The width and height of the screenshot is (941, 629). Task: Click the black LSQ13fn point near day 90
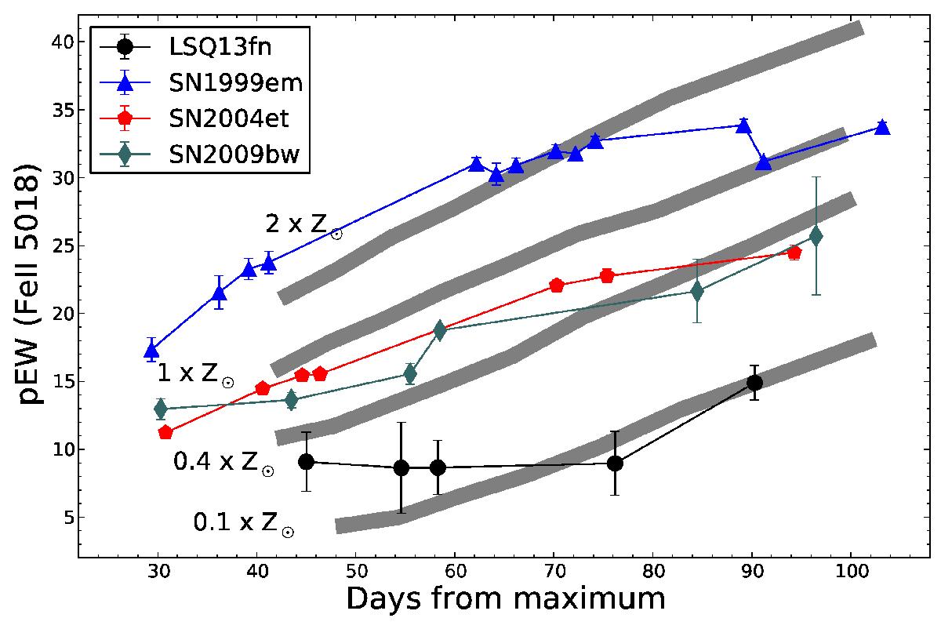pyautogui.click(x=754, y=383)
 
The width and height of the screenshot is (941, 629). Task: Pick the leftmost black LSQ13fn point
pyautogui.click(x=307, y=462)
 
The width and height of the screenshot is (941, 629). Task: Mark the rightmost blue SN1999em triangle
pyautogui.click(x=882, y=127)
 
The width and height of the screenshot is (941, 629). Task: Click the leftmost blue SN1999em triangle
pyautogui.click(x=152, y=351)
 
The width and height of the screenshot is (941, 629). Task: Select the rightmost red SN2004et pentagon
pyautogui.click(x=794, y=253)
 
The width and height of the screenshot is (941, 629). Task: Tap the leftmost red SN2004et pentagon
pyautogui.click(x=165, y=432)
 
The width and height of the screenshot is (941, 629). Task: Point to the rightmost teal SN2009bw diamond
pyautogui.click(x=816, y=235)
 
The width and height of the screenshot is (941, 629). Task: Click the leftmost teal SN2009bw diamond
pyautogui.click(x=161, y=409)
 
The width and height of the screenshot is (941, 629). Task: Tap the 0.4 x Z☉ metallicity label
pyautogui.click(x=223, y=464)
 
